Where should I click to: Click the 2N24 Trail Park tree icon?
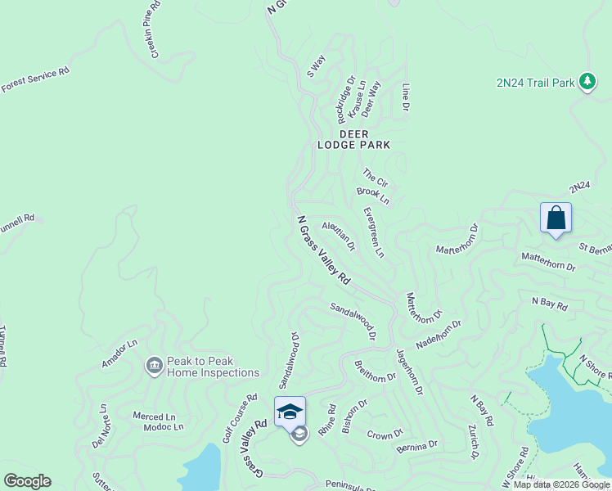(x=587, y=82)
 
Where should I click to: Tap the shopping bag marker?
(x=556, y=218)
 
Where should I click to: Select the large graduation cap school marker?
(x=290, y=411)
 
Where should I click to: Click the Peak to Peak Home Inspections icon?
(x=154, y=367)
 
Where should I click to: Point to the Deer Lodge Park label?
(x=353, y=139)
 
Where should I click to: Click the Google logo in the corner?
(x=27, y=481)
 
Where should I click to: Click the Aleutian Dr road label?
(x=339, y=236)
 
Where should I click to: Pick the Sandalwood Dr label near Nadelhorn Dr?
(x=353, y=320)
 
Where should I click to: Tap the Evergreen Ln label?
(x=373, y=232)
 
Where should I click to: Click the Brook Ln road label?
(x=373, y=196)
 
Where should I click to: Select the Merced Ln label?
(x=154, y=417)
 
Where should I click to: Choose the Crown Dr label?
(x=385, y=434)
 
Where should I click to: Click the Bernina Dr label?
(x=416, y=446)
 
